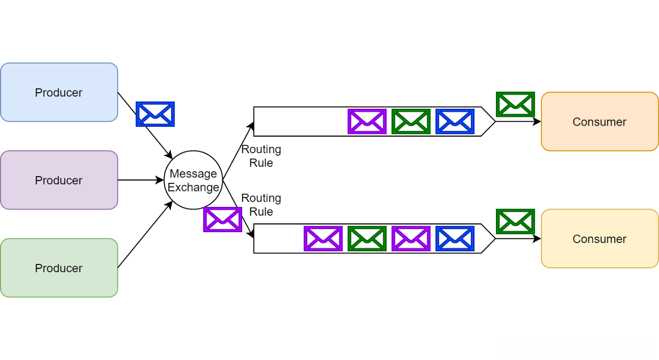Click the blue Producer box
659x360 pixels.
click(x=59, y=92)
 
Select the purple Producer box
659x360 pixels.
click(x=59, y=180)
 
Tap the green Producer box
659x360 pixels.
click(x=59, y=268)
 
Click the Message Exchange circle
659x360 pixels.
click(x=193, y=180)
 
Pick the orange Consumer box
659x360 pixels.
click(x=600, y=122)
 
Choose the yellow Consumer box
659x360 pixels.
click(x=600, y=239)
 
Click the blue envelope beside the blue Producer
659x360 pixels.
click(x=155, y=114)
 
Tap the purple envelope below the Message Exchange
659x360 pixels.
click(x=223, y=220)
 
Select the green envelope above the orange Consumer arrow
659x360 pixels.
click(x=516, y=104)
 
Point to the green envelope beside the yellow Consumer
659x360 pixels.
click(x=516, y=222)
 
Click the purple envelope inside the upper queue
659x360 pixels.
click(x=367, y=121)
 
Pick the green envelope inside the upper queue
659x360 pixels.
click(x=411, y=121)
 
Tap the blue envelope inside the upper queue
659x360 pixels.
click(x=455, y=121)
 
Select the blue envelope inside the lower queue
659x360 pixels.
click(x=455, y=239)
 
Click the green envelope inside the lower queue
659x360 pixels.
click(x=367, y=239)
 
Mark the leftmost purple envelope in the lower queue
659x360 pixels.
click(x=323, y=239)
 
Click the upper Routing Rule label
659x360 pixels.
click(x=261, y=156)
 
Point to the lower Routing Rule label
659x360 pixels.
click(x=261, y=205)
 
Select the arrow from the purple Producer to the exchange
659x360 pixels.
click(x=141, y=180)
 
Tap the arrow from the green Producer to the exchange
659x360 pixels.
click(x=145, y=234)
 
